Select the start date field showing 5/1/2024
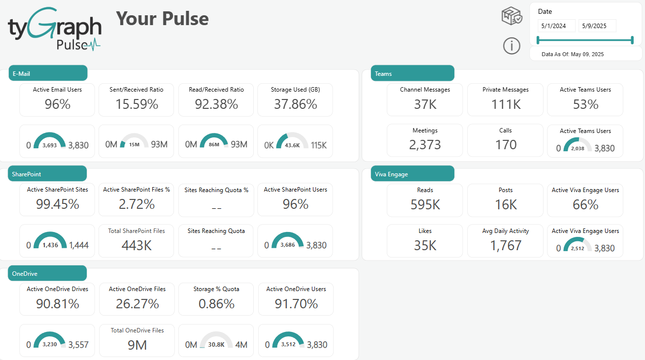coord(556,26)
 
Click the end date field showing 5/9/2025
coord(597,26)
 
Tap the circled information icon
coord(512,46)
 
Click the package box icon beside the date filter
coord(512,16)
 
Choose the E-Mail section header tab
coord(48,73)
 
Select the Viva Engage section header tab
coord(412,174)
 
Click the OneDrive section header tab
coord(48,273)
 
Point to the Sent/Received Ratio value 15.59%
coord(136,104)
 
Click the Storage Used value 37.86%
coord(295,104)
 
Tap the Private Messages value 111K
coord(505,104)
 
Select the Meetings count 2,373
coord(425,145)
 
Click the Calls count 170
coord(505,145)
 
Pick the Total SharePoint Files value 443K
coord(136,245)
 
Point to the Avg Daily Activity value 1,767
coord(505,245)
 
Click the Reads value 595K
coord(425,204)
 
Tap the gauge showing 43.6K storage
coord(293,142)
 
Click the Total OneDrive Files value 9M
coord(137,345)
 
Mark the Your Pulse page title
coord(162,19)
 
